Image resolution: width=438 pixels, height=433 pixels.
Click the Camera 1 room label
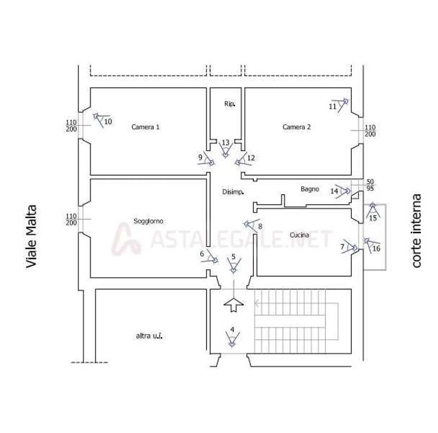click(x=145, y=127)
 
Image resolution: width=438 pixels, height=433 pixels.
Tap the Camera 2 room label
click(x=297, y=127)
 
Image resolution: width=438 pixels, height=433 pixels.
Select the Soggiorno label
click(x=148, y=221)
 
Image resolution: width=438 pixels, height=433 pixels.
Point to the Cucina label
click(x=299, y=235)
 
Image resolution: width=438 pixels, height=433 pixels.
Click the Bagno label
click(x=310, y=189)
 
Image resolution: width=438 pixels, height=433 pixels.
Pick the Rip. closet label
click(x=230, y=104)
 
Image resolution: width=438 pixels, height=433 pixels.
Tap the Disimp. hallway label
click(x=233, y=192)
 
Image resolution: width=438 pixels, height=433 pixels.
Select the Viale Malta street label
click(x=31, y=236)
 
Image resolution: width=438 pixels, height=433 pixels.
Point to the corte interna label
click(x=416, y=231)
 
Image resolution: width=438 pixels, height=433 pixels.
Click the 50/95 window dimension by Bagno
click(x=370, y=185)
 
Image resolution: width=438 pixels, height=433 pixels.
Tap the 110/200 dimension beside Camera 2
click(x=370, y=131)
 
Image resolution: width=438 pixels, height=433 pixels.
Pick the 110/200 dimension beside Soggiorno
click(x=71, y=219)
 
